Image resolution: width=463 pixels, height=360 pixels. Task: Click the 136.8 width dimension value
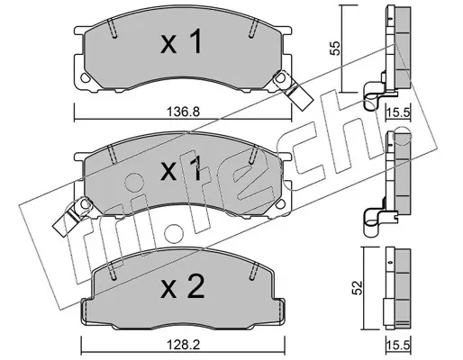(183, 112)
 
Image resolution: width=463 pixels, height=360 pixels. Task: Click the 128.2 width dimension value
(183, 346)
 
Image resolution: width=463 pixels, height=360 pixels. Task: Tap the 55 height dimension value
(335, 48)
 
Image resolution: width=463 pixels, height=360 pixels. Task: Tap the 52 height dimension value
(358, 288)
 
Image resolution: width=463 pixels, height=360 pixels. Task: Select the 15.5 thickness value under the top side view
(398, 113)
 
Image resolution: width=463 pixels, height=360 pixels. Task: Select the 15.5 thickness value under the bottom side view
(398, 346)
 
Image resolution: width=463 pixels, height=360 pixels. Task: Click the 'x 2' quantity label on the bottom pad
(183, 286)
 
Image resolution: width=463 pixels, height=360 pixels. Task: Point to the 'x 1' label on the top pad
(181, 42)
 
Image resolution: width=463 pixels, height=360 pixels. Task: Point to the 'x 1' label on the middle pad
(181, 169)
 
